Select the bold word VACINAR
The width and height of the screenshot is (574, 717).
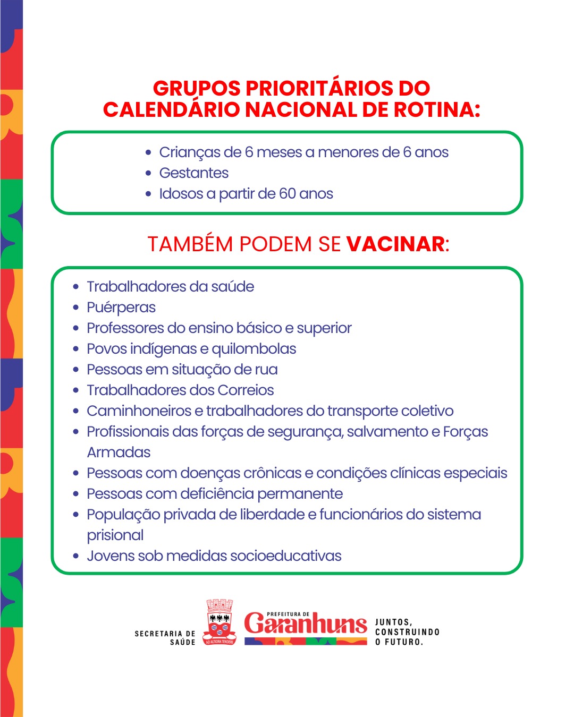click(x=395, y=244)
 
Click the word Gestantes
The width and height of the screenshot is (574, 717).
click(x=193, y=173)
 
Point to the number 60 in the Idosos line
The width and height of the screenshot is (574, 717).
click(x=287, y=194)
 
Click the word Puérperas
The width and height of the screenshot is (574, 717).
click(x=121, y=308)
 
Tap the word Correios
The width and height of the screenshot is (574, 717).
click(x=246, y=390)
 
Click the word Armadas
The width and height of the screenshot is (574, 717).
click(x=119, y=453)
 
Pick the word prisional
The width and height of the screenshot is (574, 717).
click(x=115, y=535)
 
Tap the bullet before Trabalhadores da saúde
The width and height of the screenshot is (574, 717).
click(x=75, y=287)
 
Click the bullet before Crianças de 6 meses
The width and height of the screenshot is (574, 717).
click(x=148, y=152)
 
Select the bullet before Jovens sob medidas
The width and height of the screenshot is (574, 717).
click(x=75, y=556)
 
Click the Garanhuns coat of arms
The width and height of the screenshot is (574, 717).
click(x=220, y=625)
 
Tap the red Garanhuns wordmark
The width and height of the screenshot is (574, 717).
click(x=306, y=624)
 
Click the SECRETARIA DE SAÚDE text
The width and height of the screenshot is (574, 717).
click(x=165, y=638)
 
